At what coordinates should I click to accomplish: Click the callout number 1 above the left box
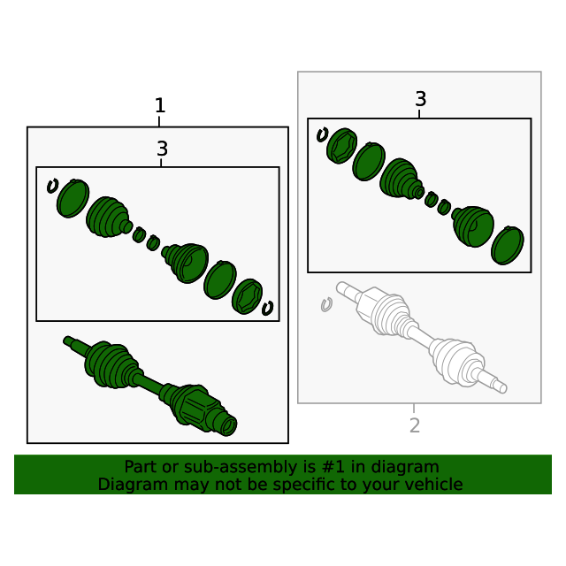(160, 105)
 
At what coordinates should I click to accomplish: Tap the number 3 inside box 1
(162, 149)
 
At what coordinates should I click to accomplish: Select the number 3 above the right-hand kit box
(421, 98)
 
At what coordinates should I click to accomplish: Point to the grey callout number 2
(415, 425)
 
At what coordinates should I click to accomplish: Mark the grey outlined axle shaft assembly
(422, 337)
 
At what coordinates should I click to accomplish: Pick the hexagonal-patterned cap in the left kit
(247, 296)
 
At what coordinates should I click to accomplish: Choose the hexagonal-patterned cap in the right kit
(341, 146)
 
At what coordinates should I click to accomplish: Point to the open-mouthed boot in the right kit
(473, 226)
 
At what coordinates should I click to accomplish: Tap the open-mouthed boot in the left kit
(185, 263)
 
